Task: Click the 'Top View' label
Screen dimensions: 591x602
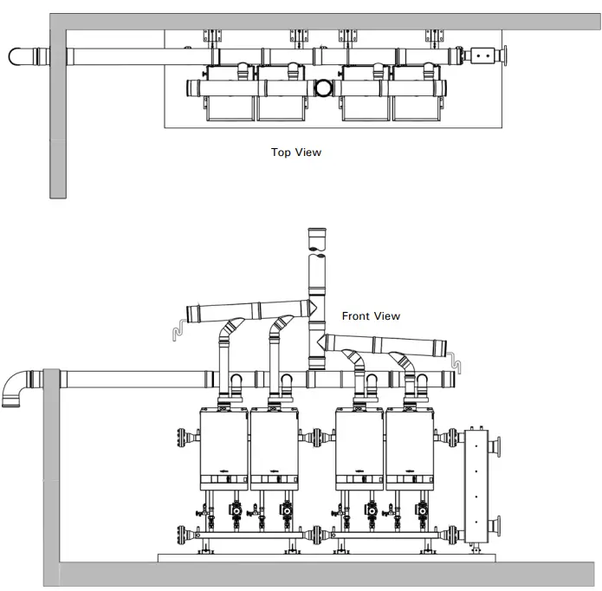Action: (296, 153)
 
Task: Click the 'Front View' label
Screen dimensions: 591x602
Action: (371, 316)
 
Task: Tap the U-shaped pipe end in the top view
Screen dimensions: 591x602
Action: (18, 57)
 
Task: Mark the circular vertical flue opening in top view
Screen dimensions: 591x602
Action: (324, 88)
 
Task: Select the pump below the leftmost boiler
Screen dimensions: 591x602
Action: (235, 509)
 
